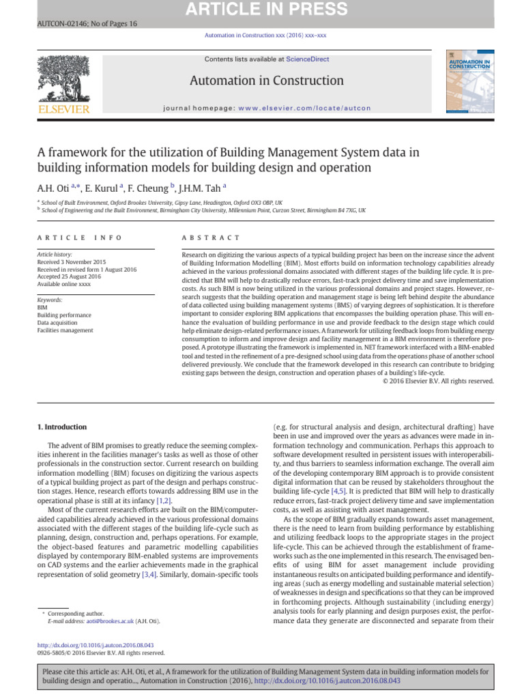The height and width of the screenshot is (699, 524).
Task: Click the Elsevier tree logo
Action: click(x=63, y=78)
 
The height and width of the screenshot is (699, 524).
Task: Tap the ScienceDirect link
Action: click(x=307, y=59)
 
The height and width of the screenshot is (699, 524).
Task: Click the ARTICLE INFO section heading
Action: click(x=79, y=238)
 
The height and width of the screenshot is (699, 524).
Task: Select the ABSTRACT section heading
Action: click(x=211, y=238)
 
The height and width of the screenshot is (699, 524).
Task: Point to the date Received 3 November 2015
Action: click(x=72, y=262)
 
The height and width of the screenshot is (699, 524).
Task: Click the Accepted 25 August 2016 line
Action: click(x=69, y=276)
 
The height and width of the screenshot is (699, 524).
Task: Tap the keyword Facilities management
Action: click(x=65, y=330)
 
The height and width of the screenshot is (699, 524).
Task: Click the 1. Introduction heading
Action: click(x=61, y=427)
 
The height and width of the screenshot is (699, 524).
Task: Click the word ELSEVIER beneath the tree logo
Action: click(x=63, y=109)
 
